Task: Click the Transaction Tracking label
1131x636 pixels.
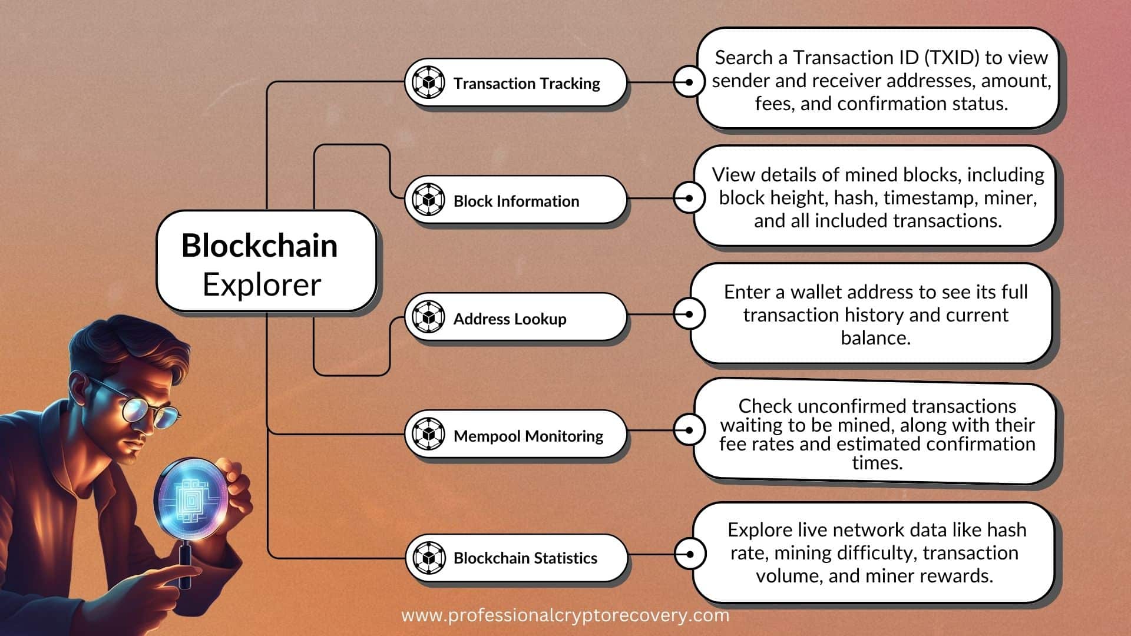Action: [526, 84]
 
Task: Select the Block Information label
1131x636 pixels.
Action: [516, 201]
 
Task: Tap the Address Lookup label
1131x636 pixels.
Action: [510, 319]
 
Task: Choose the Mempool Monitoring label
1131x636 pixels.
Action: [528, 436]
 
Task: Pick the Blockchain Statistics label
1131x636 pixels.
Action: [525, 558]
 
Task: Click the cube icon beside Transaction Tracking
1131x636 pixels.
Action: [428, 82]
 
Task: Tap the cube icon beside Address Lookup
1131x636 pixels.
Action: [428, 317]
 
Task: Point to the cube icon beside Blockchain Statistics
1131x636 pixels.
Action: [428, 557]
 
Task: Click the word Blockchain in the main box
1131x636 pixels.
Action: [259, 246]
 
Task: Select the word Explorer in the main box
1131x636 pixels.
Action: [262, 285]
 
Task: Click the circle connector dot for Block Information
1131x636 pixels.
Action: [689, 198]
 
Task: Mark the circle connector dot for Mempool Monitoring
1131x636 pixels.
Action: [689, 430]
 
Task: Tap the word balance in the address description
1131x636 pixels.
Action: [875, 338]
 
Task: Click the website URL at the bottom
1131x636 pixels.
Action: [565, 616]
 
